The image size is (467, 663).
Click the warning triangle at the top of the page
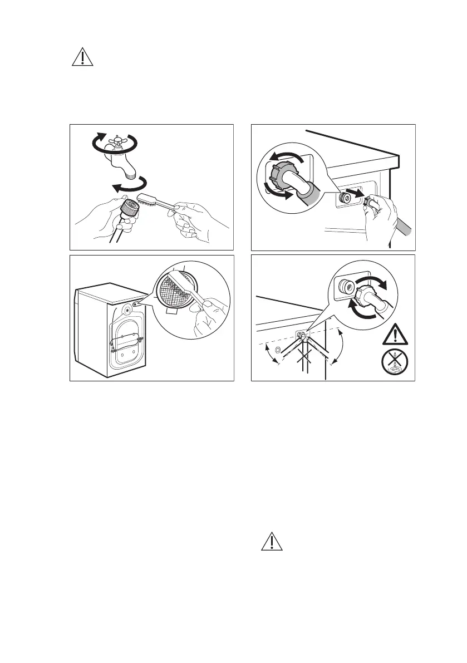click(81, 58)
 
